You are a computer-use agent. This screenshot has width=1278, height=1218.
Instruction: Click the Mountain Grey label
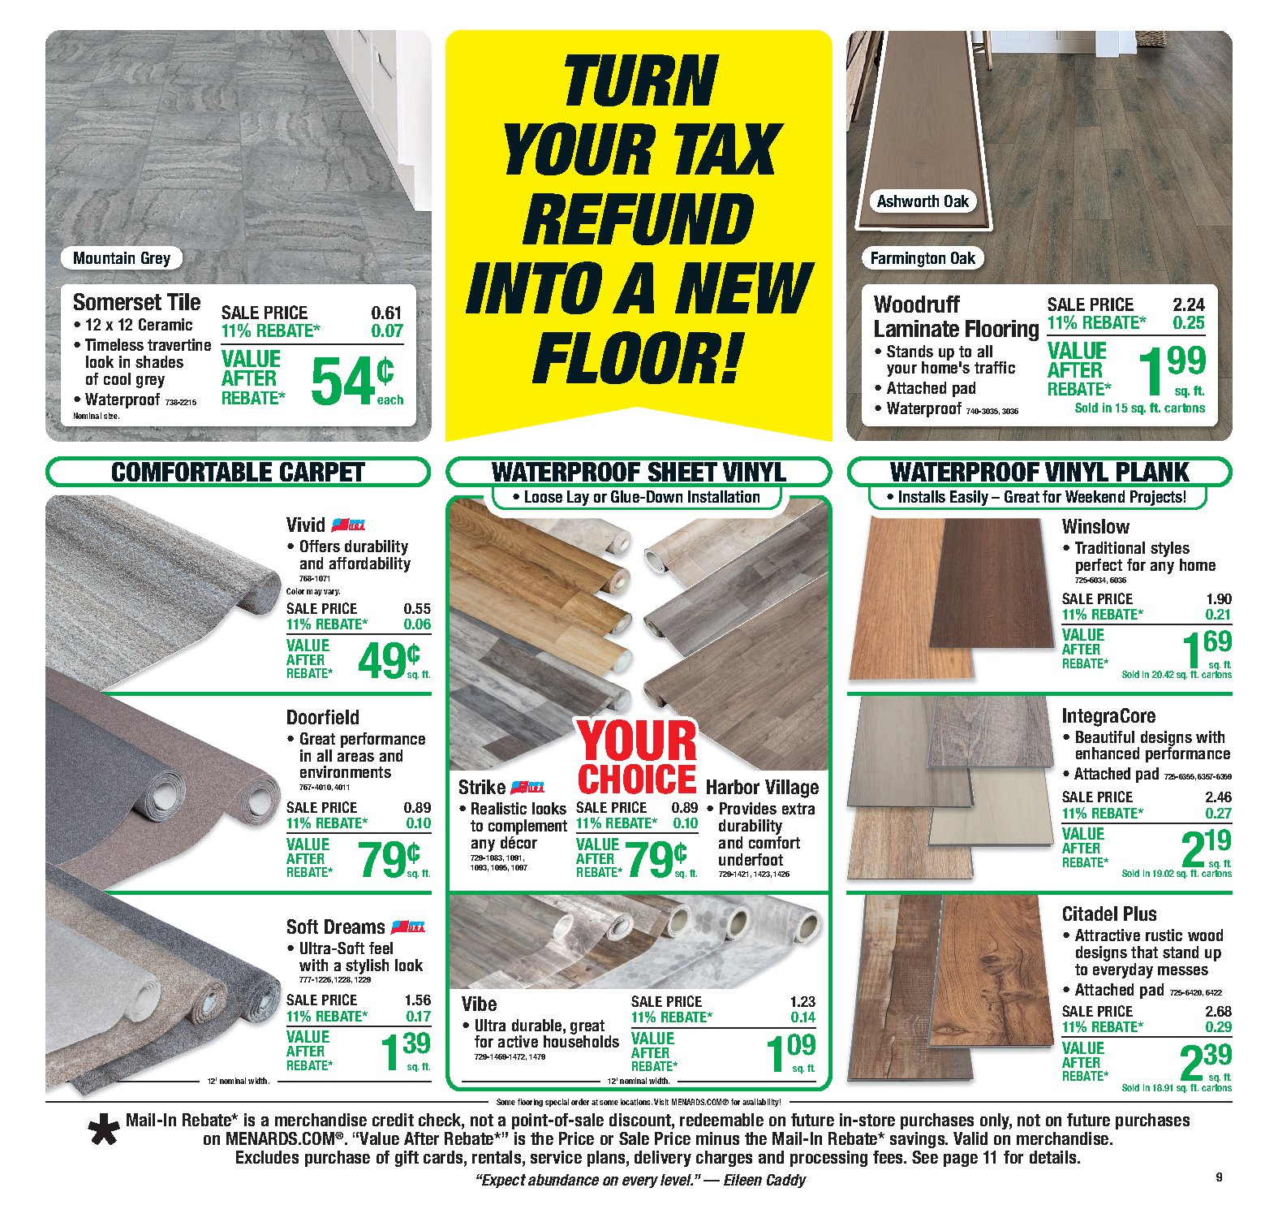[x=122, y=258]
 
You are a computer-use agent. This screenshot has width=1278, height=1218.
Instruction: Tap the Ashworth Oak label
[x=923, y=201]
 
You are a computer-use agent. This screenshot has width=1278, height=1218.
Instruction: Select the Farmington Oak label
[x=923, y=258]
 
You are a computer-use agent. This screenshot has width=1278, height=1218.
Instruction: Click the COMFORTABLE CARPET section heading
[x=237, y=473]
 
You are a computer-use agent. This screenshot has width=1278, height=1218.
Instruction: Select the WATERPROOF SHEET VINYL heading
[x=639, y=473]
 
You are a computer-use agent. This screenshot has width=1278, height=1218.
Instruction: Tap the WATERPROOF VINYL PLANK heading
[x=1039, y=473]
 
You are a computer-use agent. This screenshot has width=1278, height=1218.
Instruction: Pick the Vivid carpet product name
[x=305, y=525]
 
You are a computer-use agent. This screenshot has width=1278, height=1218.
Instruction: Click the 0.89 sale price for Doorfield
[x=417, y=807]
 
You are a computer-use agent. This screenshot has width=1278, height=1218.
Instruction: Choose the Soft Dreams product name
[x=335, y=926]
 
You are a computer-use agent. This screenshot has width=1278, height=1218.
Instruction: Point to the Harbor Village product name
[x=762, y=787]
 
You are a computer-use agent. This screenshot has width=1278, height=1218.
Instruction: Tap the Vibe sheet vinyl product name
[x=479, y=1004]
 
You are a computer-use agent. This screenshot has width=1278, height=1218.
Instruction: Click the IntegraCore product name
[x=1108, y=715]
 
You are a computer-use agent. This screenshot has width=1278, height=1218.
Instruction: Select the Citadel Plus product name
[x=1108, y=914]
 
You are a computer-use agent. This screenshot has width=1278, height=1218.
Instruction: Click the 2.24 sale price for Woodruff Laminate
[x=1189, y=304]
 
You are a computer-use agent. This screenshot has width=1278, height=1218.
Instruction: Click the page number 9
[x=1219, y=1177]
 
